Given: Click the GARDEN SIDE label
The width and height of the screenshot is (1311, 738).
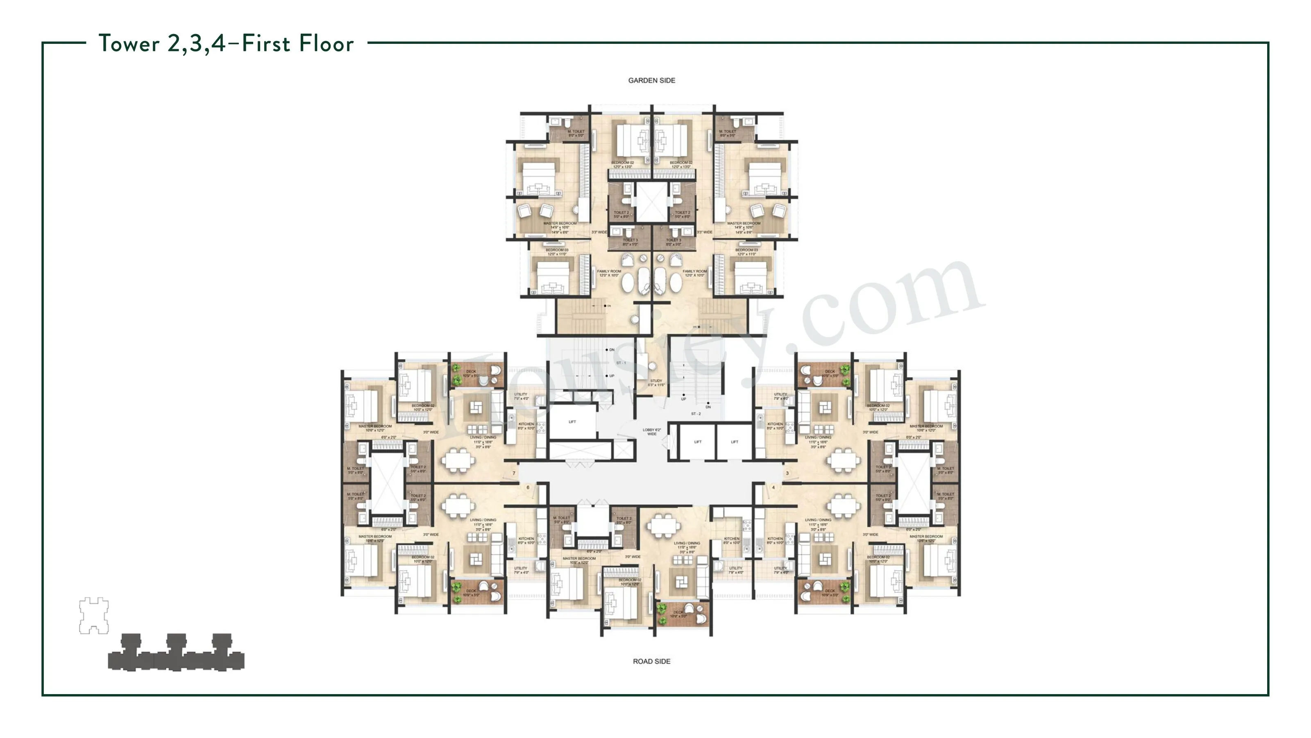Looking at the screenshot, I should (x=651, y=80).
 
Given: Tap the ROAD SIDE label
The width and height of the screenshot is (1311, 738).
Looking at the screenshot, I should (x=651, y=661).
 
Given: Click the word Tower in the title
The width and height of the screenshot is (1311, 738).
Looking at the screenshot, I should (x=129, y=44).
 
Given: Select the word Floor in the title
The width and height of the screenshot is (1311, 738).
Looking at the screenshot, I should (x=326, y=44).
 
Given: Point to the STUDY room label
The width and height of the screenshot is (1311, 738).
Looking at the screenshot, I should (x=656, y=383).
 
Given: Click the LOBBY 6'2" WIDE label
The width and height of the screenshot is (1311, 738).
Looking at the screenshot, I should (x=651, y=431).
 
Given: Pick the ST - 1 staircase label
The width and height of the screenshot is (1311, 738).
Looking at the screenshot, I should (x=621, y=362).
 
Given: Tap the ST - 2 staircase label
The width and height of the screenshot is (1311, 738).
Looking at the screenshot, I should (x=696, y=414).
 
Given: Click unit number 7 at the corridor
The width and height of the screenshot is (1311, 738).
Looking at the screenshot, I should (x=514, y=473).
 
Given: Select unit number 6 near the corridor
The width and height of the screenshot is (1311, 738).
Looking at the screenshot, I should (x=528, y=487).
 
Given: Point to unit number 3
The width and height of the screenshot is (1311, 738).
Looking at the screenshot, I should (x=787, y=473).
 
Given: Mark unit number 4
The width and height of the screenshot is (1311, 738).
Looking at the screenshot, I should (x=773, y=487).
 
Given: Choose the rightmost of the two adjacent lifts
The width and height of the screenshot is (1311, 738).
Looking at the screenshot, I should (x=735, y=442).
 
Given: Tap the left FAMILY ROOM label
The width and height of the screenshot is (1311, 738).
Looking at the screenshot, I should (x=609, y=273).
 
